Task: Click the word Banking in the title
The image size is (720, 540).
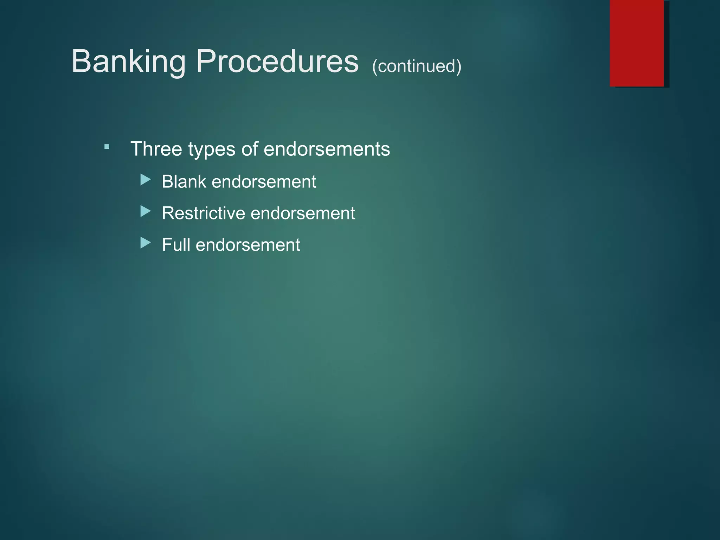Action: [x=128, y=62]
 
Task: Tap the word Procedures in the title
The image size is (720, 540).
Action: [x=277, y=62]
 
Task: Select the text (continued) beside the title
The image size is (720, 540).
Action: [x=417, y=66]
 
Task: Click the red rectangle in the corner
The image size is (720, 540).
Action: [x=637, y=43]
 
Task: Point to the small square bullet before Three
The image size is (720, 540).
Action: [x=107, y=147]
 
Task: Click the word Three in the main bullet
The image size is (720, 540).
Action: [x=156, y=149]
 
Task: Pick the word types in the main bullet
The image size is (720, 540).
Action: [x=212, y=149]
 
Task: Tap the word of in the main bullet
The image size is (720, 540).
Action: [x=250, y=149]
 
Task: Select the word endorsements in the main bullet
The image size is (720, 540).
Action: [x=327, y=149]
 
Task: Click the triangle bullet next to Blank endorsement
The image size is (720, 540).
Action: [x=145, y=180]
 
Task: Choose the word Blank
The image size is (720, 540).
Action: [x=184, y=182]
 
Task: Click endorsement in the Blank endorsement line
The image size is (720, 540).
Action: [x=264, y=182]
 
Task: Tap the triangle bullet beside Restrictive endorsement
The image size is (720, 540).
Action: [x=145, y=211]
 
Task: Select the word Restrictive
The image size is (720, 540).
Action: [x=204, y=213]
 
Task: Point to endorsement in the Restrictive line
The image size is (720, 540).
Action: [x=303, y=213]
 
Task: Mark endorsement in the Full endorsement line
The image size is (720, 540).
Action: [x=248, y=245]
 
